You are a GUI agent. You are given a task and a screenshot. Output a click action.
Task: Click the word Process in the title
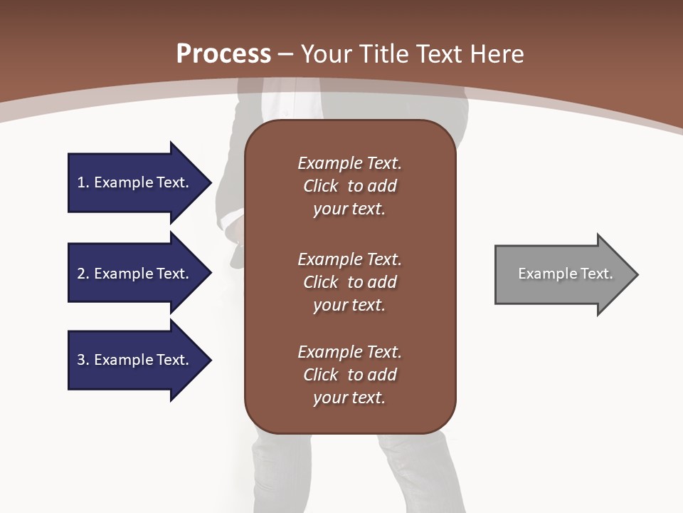point(223,54)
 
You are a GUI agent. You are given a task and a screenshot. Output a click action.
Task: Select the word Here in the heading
point(497,54)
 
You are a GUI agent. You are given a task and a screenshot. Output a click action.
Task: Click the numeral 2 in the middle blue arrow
point(81,274)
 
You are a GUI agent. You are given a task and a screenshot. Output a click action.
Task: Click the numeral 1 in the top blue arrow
point(81,182)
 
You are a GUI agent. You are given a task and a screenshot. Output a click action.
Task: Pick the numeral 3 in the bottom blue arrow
point(81,360)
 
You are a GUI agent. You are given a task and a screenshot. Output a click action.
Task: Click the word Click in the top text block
point(321,186)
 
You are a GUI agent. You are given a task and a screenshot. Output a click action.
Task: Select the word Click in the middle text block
point(321,282)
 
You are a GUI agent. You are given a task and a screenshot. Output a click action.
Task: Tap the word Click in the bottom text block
point(321,375)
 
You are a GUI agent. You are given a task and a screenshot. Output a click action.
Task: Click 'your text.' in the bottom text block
point(349,398)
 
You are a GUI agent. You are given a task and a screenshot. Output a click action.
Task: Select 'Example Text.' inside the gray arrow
point(566,274)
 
